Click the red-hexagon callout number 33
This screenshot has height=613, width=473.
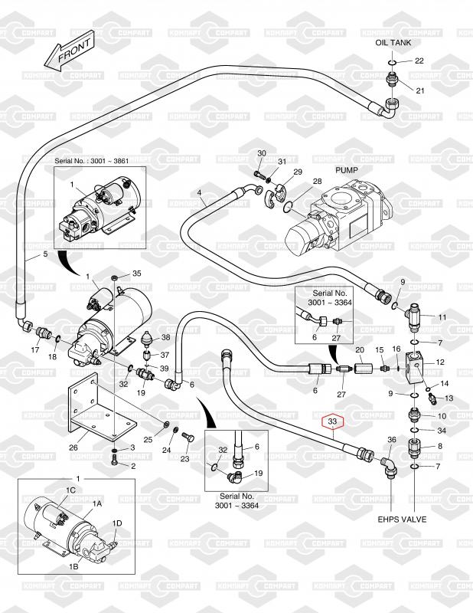(x=332, y=421)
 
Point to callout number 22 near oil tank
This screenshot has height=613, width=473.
(x=419, y=61)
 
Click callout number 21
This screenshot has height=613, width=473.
(x=419, y=91)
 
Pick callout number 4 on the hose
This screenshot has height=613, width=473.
(x=199, y=192)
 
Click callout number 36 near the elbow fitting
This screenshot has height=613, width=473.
(x=392, y=441)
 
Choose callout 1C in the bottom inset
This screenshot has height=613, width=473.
(x=70, y=489)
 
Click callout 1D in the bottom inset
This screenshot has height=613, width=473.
(x=116, y=524)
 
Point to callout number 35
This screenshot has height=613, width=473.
(x=137, y=274)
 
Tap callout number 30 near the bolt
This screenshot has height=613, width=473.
(x=261, y=154)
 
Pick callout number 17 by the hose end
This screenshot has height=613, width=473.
(x=34, y=350)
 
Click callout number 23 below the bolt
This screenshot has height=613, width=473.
(x=184, y=459)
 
